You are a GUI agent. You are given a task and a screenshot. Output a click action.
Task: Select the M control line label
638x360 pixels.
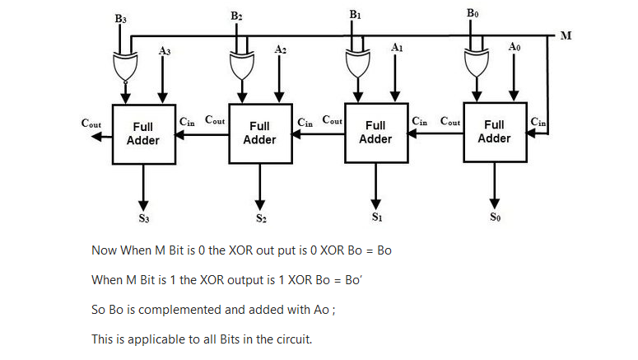(x=566, y=35)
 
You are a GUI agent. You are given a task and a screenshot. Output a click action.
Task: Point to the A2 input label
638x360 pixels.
(x=282, y=50)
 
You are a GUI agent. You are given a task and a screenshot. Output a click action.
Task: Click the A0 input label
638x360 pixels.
(x=515, y=49)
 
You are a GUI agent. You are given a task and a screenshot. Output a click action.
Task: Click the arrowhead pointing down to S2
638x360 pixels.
(x=260, y=202)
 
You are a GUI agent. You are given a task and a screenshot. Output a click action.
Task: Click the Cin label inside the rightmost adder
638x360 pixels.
(x=538, y=122)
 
